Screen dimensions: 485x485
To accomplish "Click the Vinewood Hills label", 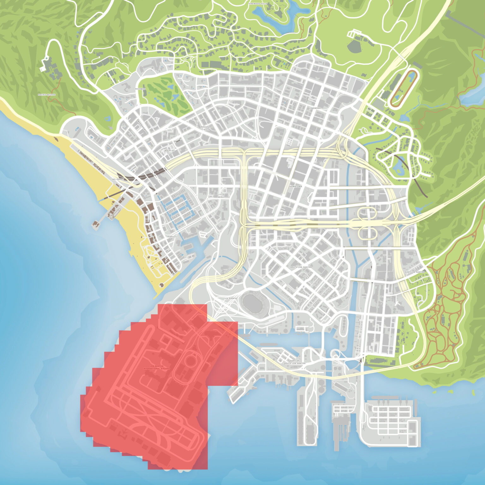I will [x=258, y=3].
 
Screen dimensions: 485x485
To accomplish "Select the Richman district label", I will [x=140, y=89].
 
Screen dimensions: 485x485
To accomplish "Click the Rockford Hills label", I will [x=207, y=128].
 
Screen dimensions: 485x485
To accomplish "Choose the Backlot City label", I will [x=170, y=152].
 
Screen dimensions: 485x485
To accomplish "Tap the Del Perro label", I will [x=117, y=179].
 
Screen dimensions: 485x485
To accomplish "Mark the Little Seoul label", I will [x=221, y=196].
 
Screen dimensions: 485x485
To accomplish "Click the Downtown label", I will [x=296, y=187].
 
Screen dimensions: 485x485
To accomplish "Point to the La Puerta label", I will [x=231, y=298].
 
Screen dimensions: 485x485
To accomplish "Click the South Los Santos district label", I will [x=301, y=267].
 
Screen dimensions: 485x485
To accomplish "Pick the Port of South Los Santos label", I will [x=294, y=362].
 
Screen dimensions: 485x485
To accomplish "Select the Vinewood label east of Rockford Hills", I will [x=315, y=108].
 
